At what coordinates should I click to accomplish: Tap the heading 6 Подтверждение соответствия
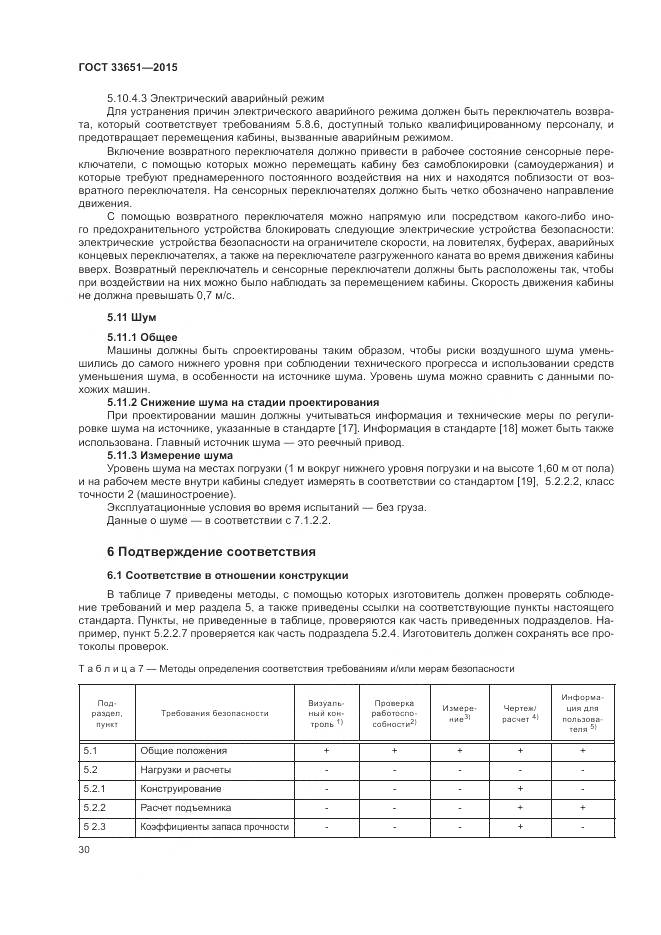click(211, 551)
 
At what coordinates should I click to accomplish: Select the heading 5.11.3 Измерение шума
click(169, 455)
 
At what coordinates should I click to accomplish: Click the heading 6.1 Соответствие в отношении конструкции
click(227, 575)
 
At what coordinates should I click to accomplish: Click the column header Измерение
click(460, 712)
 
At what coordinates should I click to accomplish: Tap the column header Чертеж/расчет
click(520, 712)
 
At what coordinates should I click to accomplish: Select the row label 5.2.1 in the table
click(94, 788)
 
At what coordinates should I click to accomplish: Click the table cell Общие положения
click(183, 750)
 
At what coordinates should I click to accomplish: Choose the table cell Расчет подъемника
click(186, 807)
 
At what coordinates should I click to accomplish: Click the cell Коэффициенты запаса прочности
click(214, 826)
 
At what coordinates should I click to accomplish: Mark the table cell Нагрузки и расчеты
click(185, 769)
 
